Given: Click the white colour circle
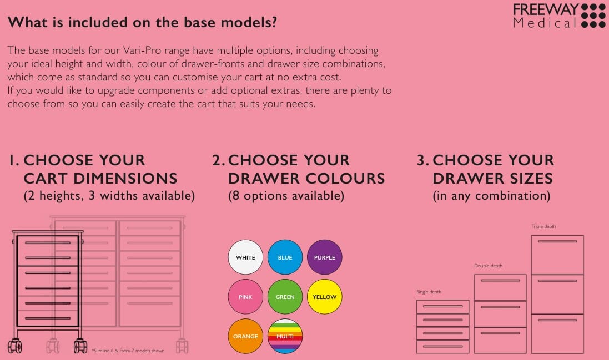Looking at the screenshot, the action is [245, 257].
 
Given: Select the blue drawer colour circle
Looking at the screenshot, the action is [285, 257].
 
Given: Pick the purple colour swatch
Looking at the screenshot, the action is [325, 257].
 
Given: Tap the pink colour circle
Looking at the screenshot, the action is [245, 297].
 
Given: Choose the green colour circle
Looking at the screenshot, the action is [285, 297].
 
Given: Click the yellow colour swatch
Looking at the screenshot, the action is [325, 297].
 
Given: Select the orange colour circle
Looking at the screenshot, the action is [245, 336].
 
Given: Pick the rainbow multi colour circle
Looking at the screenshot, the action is [285, 336].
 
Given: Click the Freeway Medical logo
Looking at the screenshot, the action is [559, 16].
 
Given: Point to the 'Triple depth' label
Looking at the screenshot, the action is [543, 226].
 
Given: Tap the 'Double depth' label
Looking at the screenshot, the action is [488, 266].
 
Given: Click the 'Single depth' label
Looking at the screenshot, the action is [429, 292].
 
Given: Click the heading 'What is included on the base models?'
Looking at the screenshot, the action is [142, 22].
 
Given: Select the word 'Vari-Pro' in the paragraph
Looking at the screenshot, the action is [142, 50].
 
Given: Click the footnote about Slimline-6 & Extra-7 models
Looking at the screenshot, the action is [128, 351].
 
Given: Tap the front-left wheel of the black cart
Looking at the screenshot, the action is [15, 346].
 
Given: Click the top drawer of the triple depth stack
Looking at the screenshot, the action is [557, 255].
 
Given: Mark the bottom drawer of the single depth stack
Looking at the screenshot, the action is [443, 347].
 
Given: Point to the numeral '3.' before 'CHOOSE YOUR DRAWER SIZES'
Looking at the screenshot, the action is [422, 160].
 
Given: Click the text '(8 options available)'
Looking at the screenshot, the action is [286, 195].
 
